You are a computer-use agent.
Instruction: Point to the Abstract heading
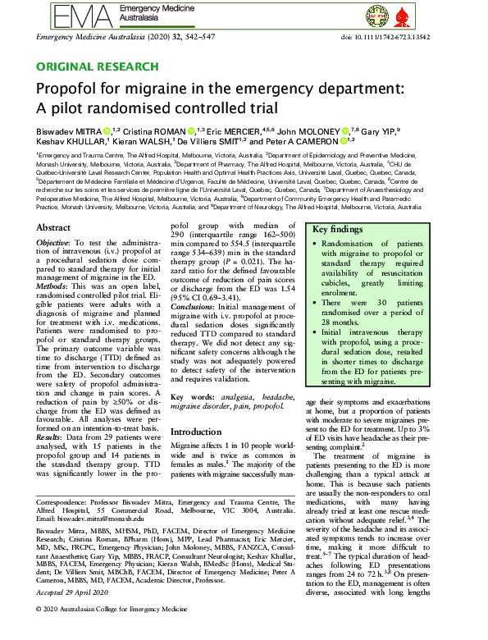pyautogui.click(x=54, y=227)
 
